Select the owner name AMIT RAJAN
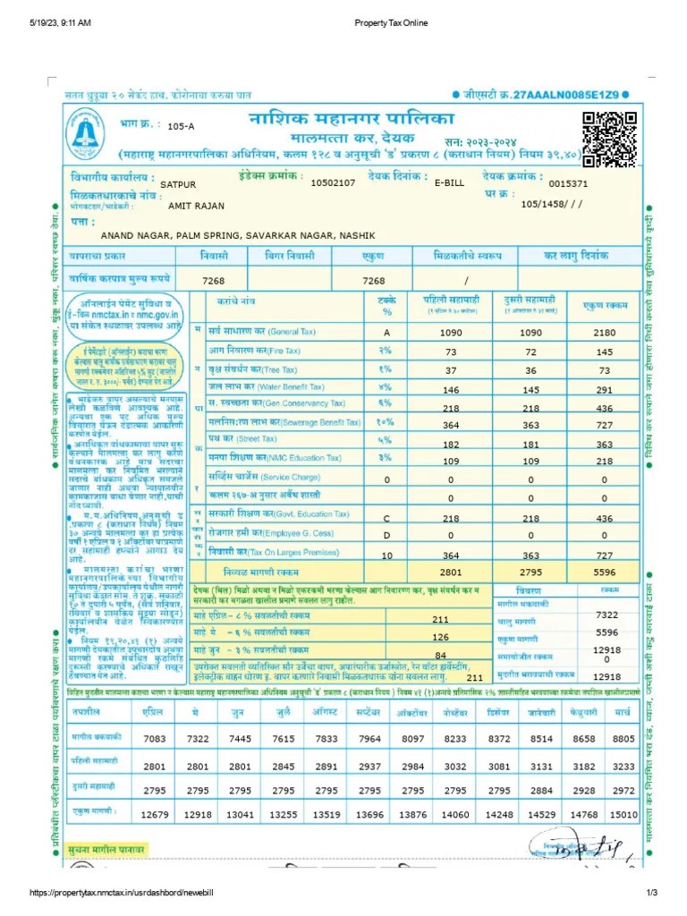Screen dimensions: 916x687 click(196, 206)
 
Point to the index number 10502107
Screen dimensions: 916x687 click(333, 182)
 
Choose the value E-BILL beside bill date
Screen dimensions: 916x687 click(451, 182)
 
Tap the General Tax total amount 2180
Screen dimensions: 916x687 click(605, 333)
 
